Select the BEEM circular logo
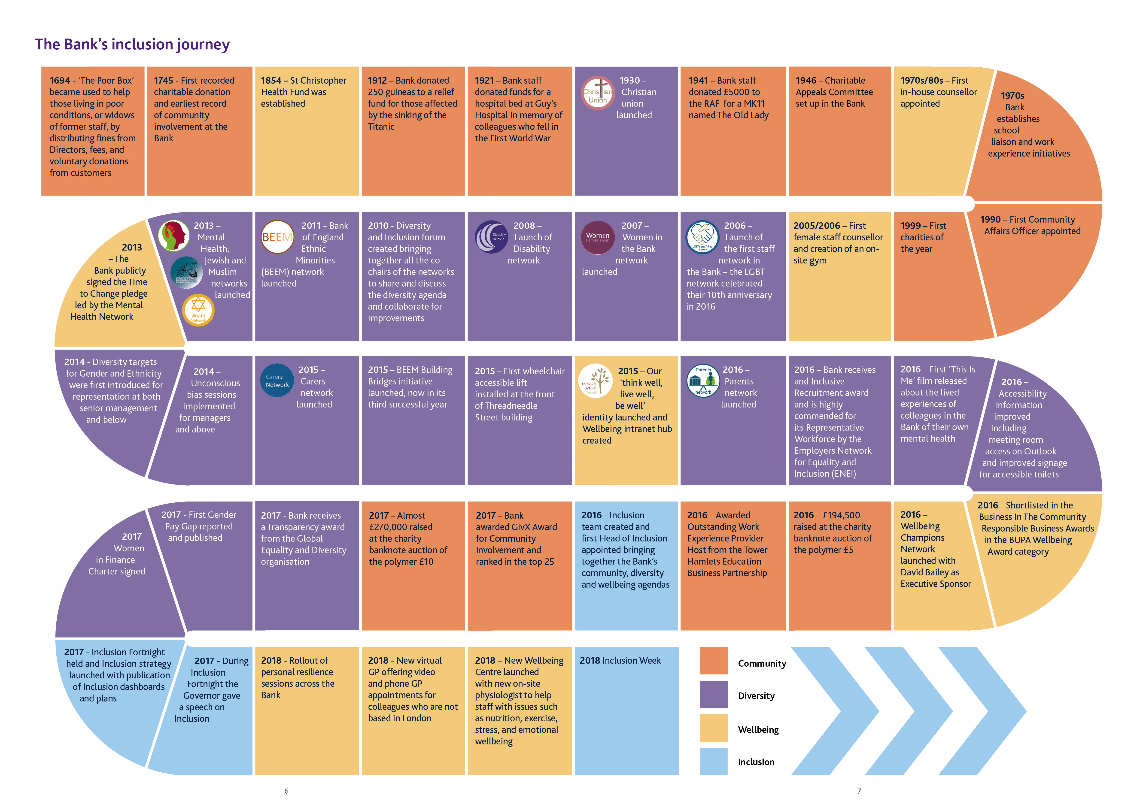(x=277, y=237)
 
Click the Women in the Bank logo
(x=597, y=237)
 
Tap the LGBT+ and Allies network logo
(x=702, y=237)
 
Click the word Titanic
(x=381, y=127)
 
